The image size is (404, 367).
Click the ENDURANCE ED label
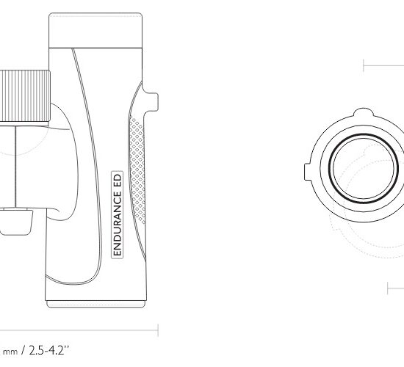click(118, 214)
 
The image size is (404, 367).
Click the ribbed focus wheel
click(25, 96)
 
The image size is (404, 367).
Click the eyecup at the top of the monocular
click(95, 30)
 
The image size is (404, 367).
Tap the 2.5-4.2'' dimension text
click(49, 350)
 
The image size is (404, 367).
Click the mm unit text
click(10, 352)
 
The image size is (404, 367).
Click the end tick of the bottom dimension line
click(158, 330)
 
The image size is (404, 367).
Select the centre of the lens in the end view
click(364, 168)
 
